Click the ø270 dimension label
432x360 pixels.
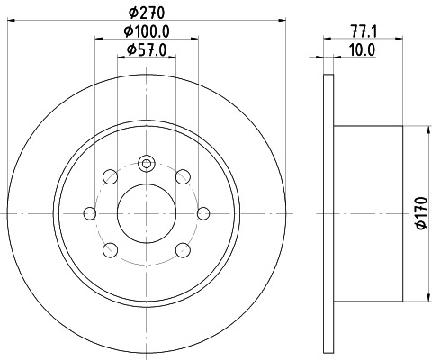pos(147,13)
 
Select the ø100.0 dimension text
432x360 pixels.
pos(147,31)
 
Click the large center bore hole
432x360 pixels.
pos(147,213)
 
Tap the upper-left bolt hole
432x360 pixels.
pos(109,175)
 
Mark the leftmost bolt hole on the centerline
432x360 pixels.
pos(90,213)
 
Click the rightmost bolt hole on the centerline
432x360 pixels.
pos(203,213)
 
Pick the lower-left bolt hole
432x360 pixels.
pos(109,250)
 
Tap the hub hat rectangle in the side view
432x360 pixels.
pos(369,213)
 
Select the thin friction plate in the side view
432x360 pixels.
pos(326,213)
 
